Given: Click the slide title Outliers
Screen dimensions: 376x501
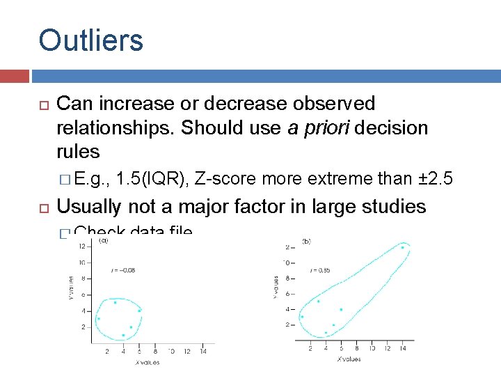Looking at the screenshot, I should click(91, 40).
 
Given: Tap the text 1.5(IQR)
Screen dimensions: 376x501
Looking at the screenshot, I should click(153, 179).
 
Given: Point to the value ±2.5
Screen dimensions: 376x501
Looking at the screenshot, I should click(436, 179).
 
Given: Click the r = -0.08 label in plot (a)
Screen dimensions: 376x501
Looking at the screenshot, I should click(124, 269).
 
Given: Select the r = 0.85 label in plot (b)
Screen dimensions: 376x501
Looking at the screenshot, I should click(322, 269).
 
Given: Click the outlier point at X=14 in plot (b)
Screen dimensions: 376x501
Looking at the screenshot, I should click(402, 247).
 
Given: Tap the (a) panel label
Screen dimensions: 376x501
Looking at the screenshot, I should click(103, 240).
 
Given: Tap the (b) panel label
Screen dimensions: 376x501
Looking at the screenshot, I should click(306, 241).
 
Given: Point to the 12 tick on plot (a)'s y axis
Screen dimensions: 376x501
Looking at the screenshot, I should click(82, 246).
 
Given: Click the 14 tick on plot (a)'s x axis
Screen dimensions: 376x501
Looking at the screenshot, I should click(203, 352).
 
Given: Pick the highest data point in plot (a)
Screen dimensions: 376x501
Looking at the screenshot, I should click(115, 302).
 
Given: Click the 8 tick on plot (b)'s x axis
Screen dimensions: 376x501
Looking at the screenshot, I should click(357, 347).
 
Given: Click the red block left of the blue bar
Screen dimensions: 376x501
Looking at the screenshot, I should click(15, 76).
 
